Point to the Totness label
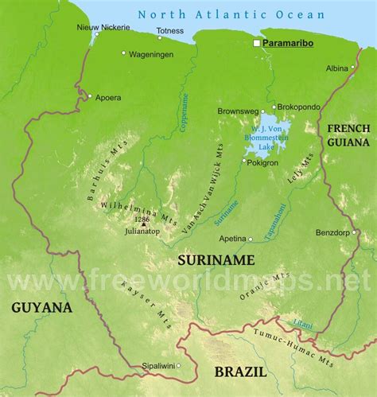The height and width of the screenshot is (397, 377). pyautogui.click(x=169, y=32)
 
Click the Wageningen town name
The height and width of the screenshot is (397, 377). pyautogui.click(x=156, y=53)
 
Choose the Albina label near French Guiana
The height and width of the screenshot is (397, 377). pyautogui.click(x=337, y=68)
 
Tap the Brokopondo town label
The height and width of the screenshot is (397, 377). pyautogui.click(x=301, y=106)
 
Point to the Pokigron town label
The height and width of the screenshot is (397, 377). pyautogui.click(x=262, y=162)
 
